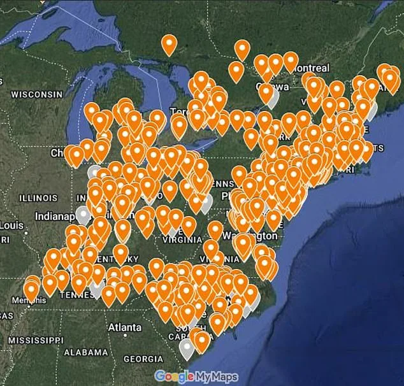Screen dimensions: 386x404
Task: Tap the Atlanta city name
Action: click(x=125, y=327)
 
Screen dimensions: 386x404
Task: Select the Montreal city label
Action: click(x=311, y=68)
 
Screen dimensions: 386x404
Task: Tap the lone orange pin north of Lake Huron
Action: click(x=169, y=43)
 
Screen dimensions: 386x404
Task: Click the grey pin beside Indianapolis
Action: click(x=82, y=214)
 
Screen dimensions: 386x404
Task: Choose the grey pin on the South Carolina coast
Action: click(x=187, y=348)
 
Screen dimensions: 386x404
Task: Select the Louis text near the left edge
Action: click(x=11, y=225)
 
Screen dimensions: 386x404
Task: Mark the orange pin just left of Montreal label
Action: click(x=291, y=61)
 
